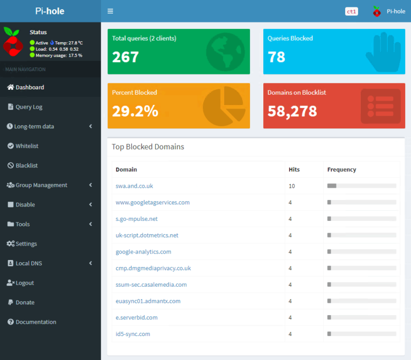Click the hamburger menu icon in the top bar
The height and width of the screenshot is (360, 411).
pos(110,11)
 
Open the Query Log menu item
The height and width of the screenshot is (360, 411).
pos(29,107)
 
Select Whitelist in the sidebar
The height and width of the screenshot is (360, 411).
pos(27,146)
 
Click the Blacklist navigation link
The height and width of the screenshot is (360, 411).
pos(27,166)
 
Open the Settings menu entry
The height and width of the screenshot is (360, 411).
pos(26,244)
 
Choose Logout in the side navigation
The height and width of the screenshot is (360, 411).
pos(25,283)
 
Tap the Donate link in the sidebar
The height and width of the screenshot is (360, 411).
pos(25,303)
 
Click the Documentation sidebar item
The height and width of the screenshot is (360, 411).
pos(35,322)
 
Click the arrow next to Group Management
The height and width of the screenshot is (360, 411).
pos(90,185)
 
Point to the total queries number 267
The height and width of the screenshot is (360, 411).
pos(126,57)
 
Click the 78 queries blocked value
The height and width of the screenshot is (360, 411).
pos(277,57)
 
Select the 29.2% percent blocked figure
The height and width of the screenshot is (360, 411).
pos(135,111)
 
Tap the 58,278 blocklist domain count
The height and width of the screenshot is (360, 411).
pos(292,111)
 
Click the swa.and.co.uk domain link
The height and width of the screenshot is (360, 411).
pos(134,186)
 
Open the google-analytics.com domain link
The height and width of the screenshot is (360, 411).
pos(143,252)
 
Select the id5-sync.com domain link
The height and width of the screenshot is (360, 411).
pos(133,334)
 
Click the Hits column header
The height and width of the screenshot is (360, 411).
pos(294,170)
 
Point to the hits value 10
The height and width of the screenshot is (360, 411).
pos(292,186)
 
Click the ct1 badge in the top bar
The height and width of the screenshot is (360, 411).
pos(352,11)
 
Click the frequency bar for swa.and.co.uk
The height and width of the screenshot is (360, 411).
pos(362,186)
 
